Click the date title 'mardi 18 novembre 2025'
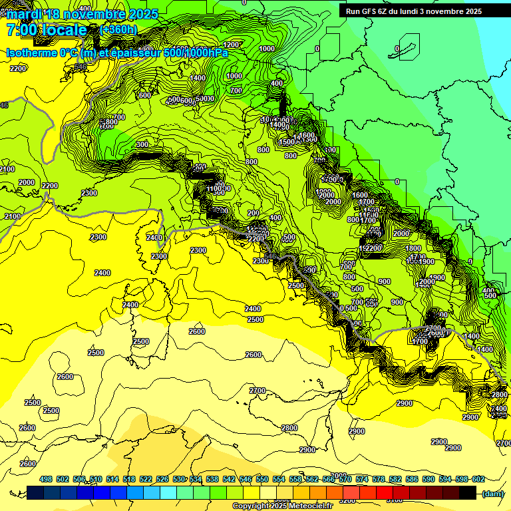(x=83, y=14)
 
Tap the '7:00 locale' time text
(x=47, y=30)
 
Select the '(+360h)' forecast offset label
(x=118, y=29)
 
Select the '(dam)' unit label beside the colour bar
(x=492, y=493)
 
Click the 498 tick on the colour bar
(x=46, y=479)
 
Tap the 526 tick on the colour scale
(x=162, y=479)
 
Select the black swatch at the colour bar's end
(x=468, y=492)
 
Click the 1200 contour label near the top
(x=232, y=45)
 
